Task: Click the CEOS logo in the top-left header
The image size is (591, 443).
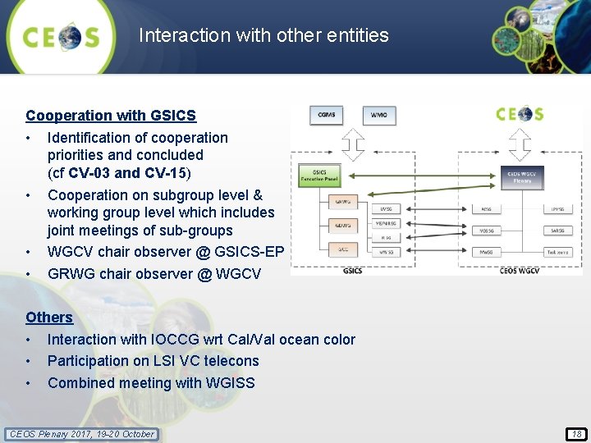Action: click(x=61, y=37)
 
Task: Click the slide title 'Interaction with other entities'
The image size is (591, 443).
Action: click(x=263, y=35)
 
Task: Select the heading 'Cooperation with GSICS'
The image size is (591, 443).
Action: click(x=111, y=116)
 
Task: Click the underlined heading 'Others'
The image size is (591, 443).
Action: click(x=49, y=317)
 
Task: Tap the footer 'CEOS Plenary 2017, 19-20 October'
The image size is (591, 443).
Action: click(x=81, y=434)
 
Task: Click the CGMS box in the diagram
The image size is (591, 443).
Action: click(x=328, y=114)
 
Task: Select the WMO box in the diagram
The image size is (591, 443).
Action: click(x=378, y=114)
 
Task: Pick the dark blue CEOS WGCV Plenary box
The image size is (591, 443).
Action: click(x=522, y=176)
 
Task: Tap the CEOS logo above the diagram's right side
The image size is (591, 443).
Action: click(x=520, y=113)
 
